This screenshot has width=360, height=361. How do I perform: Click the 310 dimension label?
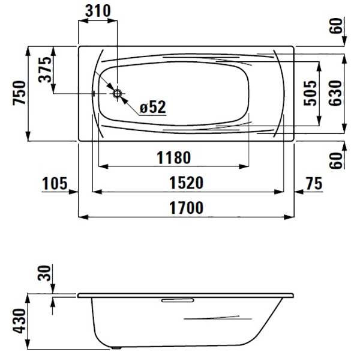click(98, 11)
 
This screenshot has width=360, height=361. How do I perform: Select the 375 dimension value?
click(45, 69)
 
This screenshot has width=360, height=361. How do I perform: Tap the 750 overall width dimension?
click(19, 93)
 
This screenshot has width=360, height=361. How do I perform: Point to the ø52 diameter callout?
click(153, 107)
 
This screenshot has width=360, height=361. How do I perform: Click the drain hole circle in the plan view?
click(118, 94)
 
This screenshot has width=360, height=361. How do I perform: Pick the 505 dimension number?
click(310, 93)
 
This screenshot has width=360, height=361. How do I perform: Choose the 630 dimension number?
click(335, 93)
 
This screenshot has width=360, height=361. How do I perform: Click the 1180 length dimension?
click(173, 157)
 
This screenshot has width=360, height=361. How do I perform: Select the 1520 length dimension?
click(187, 183)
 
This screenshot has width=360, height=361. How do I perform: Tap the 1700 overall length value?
click(187, 207)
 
